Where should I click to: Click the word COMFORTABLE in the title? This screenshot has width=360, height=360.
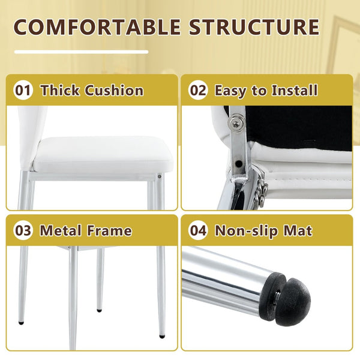(97, 27)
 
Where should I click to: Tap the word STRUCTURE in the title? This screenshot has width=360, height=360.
(254, 27)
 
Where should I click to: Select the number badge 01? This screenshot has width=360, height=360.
(23, 90)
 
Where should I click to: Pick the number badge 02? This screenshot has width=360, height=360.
(199, 90)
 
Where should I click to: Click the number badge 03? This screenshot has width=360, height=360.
(23, 230)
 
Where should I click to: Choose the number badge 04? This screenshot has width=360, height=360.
(199, 230)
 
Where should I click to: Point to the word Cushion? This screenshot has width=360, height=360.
(114, 90)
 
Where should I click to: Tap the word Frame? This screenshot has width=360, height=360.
(109, 230)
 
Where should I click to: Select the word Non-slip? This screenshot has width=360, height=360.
(246, 232)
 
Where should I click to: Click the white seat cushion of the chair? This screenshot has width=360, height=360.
(103, 154)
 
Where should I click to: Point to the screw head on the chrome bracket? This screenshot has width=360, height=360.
(236, 124)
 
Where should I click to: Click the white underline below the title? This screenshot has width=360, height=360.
(81, 52)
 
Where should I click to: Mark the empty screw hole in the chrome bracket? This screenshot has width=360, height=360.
(239, 163)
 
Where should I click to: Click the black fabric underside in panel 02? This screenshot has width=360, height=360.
(298, 127)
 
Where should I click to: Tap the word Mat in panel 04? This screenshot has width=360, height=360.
(298, 230)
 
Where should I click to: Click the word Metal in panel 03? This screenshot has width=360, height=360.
(61, 230)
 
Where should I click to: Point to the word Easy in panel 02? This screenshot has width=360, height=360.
(232, 91)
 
